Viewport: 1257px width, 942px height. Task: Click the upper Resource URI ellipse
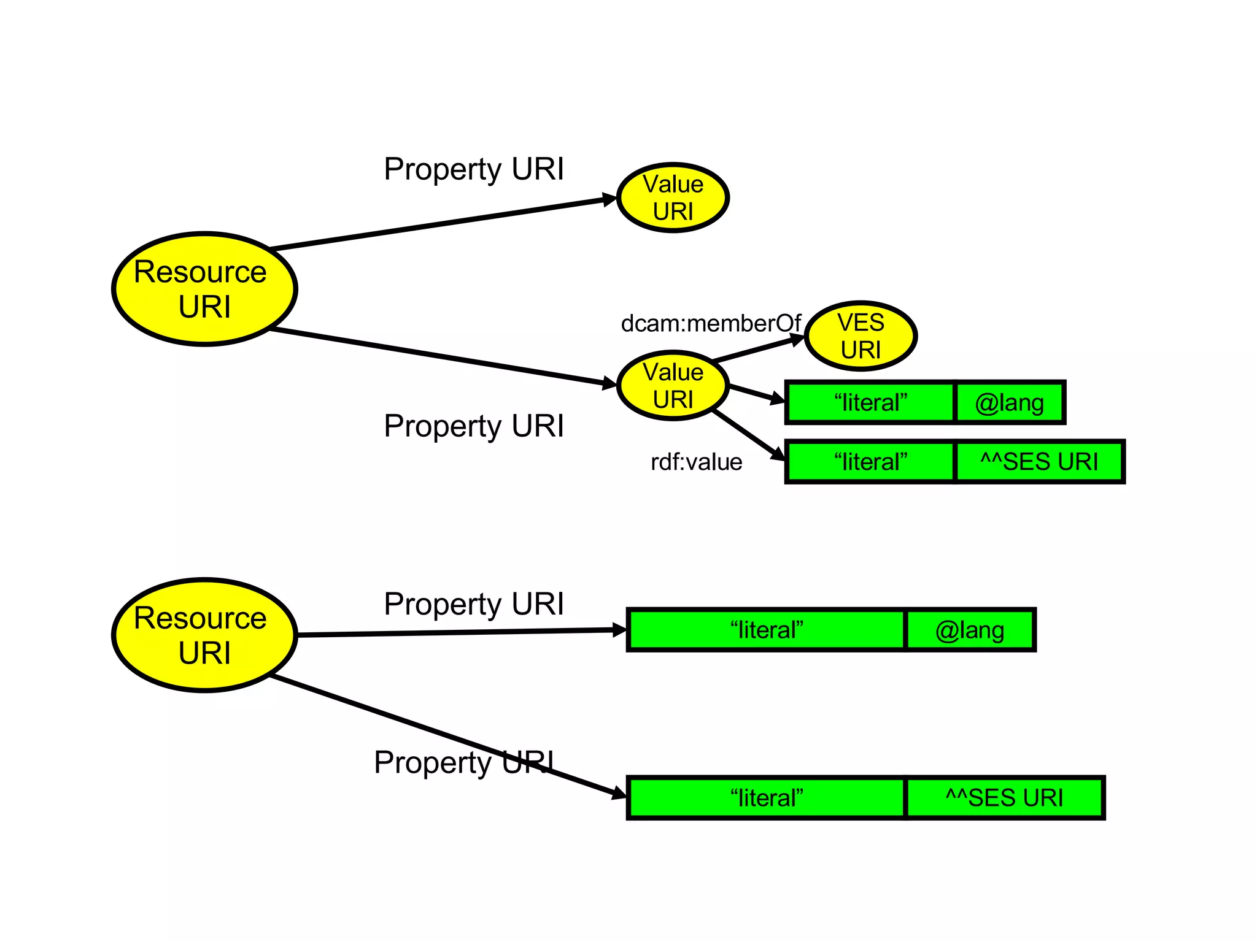click(204, 289)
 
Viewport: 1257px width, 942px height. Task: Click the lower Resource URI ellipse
click(204, 635)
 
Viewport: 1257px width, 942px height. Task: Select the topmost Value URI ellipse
click(673, 197)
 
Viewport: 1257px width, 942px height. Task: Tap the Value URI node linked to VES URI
click(673, 386)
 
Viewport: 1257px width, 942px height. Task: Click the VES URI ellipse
click(861, 336)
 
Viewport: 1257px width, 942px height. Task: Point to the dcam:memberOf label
click(710, 323)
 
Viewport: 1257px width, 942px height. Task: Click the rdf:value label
click(696, 462)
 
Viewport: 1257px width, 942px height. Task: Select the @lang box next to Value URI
click(1009, 403)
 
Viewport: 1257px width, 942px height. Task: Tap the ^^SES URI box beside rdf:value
click(1039, 462)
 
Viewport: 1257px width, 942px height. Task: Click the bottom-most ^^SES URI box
click(1004, 798)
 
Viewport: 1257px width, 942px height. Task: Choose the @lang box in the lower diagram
click(970, 630)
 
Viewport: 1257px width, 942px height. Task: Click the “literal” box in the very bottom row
click(766, 798)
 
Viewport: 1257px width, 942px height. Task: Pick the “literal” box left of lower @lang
click(766, 630)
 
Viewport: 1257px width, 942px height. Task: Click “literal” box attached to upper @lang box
click(870, 403)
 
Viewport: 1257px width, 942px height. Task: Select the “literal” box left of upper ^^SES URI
click(870, 462)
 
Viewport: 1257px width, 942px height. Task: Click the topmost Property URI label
click(473, 169)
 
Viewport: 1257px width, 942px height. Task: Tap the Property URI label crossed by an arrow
click(463, 762)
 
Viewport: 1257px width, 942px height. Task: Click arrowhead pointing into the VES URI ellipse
click(797, 339)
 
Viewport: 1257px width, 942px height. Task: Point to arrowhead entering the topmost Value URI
click(609, 199)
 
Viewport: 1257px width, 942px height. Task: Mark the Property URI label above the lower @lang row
click(473, 603)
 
